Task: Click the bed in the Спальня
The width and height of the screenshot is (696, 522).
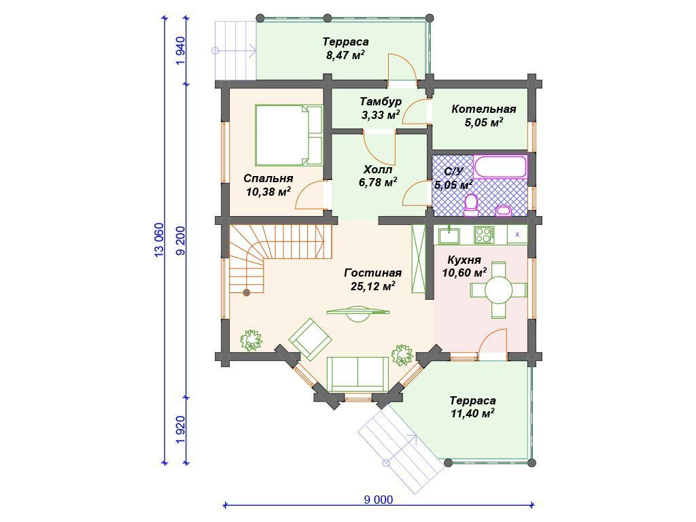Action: click(289, 135)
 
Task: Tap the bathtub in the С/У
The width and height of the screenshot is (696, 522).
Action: click(500, 167)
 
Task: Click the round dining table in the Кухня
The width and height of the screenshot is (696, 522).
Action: click(498, 290)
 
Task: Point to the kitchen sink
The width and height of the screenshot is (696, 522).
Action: click(449, 234)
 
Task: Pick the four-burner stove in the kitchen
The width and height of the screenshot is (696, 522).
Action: click(484, 234)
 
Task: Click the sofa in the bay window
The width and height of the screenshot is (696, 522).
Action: click(358, 373)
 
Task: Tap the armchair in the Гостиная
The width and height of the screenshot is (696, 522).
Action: click(310, 339)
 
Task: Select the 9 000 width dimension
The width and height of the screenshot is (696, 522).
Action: click(378, 500)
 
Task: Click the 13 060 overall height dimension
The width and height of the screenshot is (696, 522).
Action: click(159, 240)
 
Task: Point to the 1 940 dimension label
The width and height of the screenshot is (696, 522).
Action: click(180, 50)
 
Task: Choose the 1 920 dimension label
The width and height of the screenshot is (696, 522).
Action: click(180, 430)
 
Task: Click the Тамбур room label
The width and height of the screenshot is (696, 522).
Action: click(381, 102)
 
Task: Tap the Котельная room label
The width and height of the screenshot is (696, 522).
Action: click(484, 109)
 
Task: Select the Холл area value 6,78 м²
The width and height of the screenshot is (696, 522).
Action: click(378, 182)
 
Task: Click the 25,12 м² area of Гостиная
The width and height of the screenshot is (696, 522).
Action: click(373, 286)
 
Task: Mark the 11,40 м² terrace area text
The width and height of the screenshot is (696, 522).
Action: click(473, 414)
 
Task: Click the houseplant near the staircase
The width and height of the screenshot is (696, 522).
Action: click(251, 340)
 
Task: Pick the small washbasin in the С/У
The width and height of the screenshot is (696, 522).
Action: click(504, 210)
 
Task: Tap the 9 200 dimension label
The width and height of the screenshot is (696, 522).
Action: click(180, 241)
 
